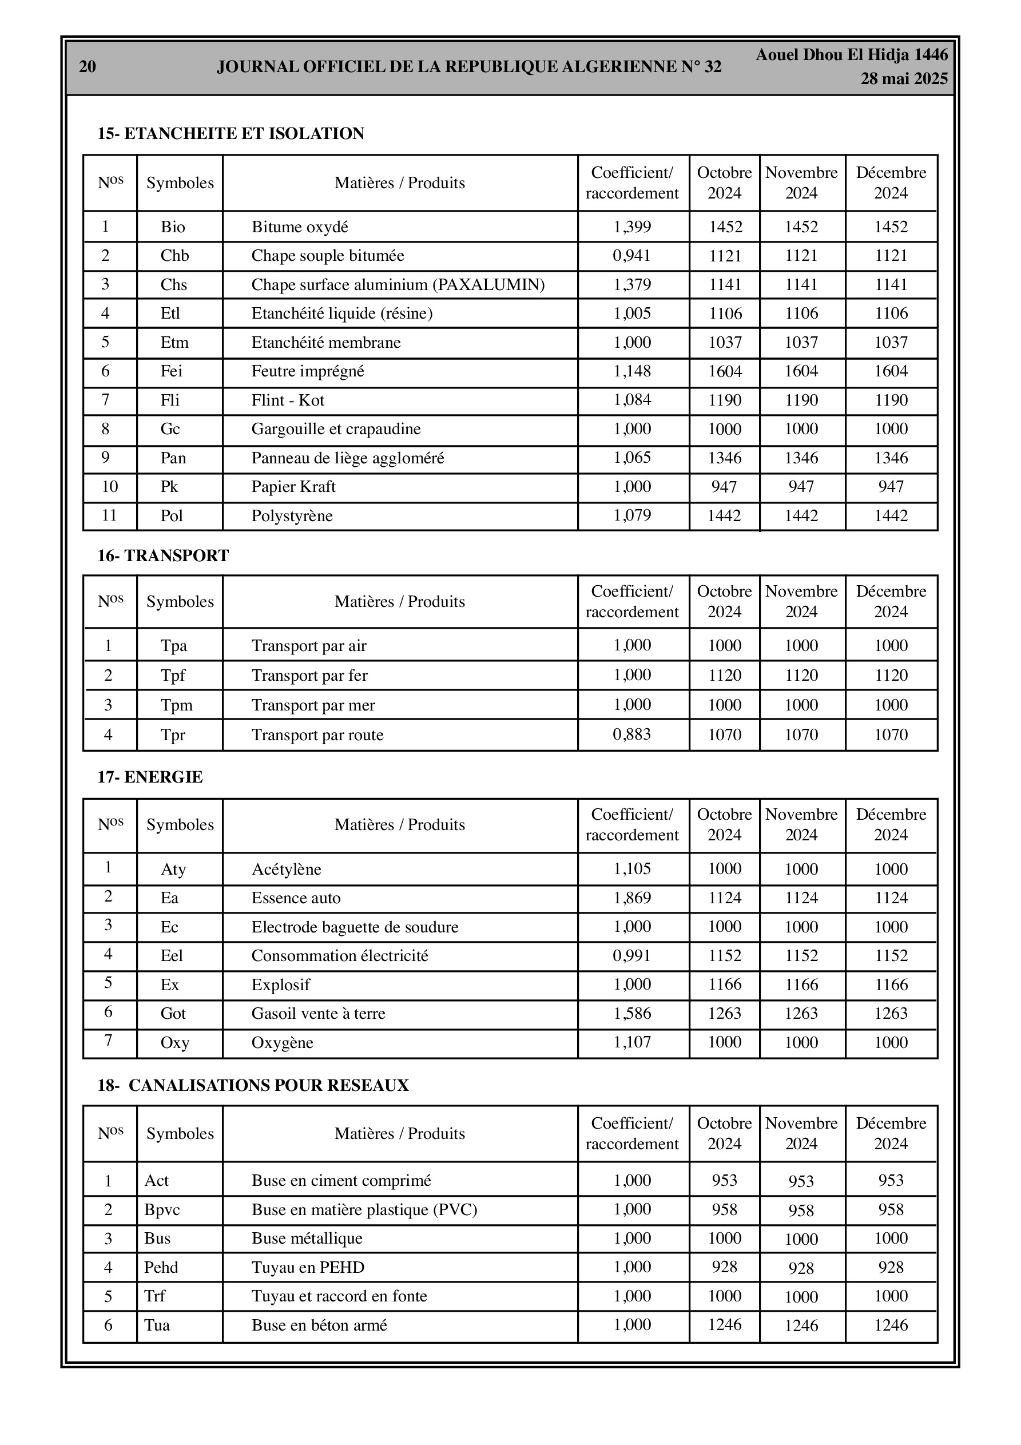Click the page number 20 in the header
[x=88, y=67]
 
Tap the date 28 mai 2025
[x=904, y=79]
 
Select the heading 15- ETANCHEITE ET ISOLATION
[x=231, y=133]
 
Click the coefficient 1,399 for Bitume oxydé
[x=632, y=227]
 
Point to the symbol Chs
[x=174, y=284]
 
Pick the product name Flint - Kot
[x=288, y=400]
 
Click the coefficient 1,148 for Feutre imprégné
[x=632, y=371]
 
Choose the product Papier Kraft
[x=293, y=486]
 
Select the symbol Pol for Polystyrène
[x=172, y=515]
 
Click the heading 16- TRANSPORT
[x=163, y=555]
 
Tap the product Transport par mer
[x=313, y=705]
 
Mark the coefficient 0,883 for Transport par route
[x=632, y=735]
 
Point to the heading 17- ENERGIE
[x=150, y=777]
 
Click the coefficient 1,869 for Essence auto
[x=632, y=898]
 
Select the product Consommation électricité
[x=340, y=955]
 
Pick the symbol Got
[x=173, y=1013]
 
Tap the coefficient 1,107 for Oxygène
[x=632, y=1042]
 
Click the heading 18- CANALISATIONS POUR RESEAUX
[x=253, y=1086]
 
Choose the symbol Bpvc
[x=162, y=1210]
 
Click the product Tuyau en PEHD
[x=308, y=1268]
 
